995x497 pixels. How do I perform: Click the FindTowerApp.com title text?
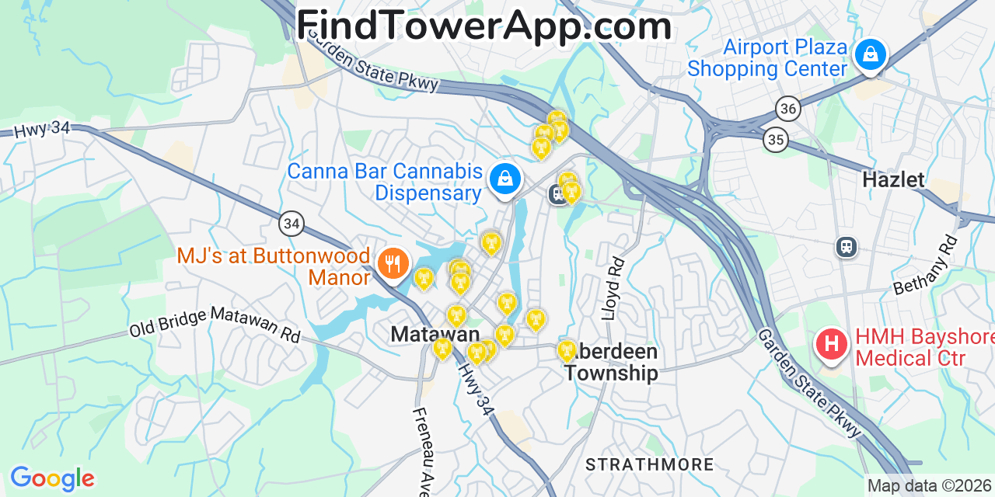point(484,26)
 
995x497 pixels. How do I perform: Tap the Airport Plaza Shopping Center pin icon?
point(871,55)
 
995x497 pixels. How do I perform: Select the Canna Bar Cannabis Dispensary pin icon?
point(505,179)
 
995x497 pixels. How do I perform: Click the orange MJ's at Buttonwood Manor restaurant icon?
point(393,264)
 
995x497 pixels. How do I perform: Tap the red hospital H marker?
point(832,343)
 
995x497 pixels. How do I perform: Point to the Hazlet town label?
point(894,180)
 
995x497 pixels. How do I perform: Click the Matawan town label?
point(435,334)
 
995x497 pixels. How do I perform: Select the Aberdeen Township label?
point(611,362)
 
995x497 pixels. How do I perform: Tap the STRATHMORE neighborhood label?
point(650,464)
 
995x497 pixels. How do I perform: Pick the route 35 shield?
point(776,140)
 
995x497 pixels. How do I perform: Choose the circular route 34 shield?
point(292,224)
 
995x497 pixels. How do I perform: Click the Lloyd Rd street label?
point(613,288)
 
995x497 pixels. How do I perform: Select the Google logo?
point(52,478)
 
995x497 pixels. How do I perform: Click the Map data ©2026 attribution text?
point(930,486)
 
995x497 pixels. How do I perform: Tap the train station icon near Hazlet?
point(847,247)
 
